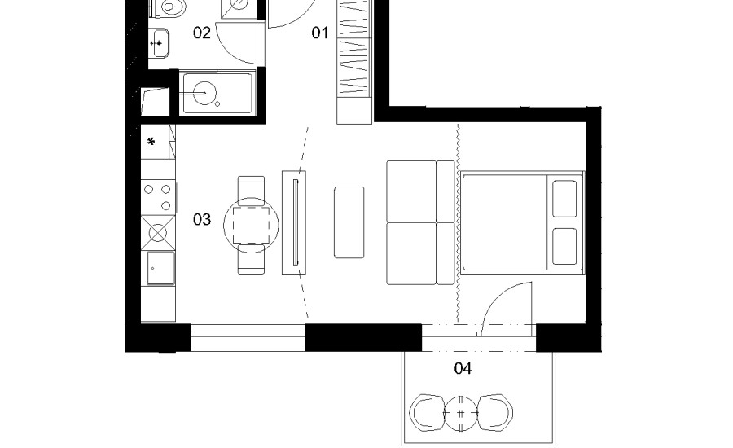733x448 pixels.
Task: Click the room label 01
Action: coord(320,33)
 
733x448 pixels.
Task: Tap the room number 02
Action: coord(202,33)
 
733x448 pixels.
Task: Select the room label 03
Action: coord(202,219)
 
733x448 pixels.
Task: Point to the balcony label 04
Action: coord(463,368)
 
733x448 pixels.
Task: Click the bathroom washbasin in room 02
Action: coord(159,43)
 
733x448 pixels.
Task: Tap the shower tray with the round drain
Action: coord(217,93)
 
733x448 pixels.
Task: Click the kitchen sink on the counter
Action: coord(160,269)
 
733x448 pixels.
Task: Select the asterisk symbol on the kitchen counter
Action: coord(151,141)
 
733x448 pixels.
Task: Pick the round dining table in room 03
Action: coord(251,226)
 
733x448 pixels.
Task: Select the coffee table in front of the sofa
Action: coord(349,222)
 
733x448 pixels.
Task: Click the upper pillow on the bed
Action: coord(564,199)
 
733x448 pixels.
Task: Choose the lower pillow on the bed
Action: coord(564,247)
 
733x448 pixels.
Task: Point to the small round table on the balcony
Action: coord(460,414)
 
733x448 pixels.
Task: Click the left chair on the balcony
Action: coord(427,414)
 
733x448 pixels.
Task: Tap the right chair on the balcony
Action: coord(495,414)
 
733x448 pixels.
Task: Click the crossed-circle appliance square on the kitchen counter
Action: coord(158,232)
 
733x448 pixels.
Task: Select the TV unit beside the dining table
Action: coord(294,222)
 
